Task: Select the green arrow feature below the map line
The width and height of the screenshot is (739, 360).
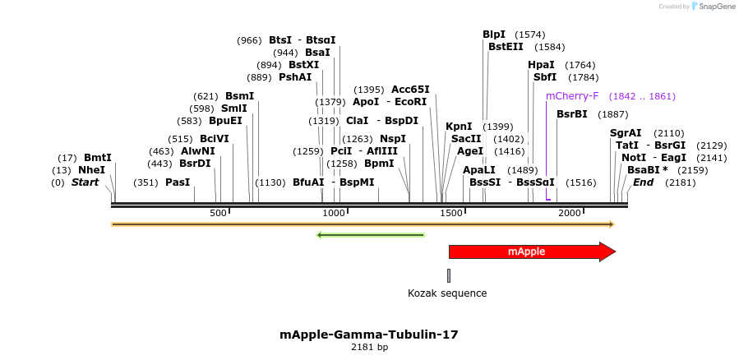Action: pyautogui.click(x=371, y=235)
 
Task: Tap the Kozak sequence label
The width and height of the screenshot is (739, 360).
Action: pyautogui.click(x=447, y=293)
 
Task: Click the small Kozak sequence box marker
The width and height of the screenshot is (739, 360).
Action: pyautogui.click(x=449, y=275)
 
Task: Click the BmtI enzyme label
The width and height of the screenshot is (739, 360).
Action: pyautogui.click(x=98, y=158)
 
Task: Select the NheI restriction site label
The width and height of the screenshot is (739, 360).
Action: pyautogui.click(x=92, y=170)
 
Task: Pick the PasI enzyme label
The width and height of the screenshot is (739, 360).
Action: pyautogui.click(x=178, y=182)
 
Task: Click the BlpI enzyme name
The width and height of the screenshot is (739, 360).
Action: pyautogui.click(x=494, y=35)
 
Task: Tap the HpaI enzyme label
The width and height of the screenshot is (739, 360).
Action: pyautogui.click(x=541, y=65)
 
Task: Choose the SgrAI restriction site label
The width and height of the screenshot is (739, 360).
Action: pyautogui.click(x=626, y=133)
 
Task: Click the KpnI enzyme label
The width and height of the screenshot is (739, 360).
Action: pyautogui.click(x=459, y=127)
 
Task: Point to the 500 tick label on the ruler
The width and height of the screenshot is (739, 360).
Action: pyautogui.click(x=218, y=214)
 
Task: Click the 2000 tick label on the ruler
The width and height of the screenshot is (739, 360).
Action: pyautogui.click(x=570, y=214)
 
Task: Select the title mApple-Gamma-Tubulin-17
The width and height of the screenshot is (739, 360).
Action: pyautogui.click(x=369, y=335)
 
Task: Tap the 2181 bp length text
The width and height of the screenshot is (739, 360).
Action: pyautogui.click(x=369, y=348)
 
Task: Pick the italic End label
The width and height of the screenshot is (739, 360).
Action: pyautogui.click(x=643, y=182)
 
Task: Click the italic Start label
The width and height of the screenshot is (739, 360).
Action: pyautogui.click(x=85, y=182)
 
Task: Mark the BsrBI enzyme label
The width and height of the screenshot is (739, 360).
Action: pyautogui.click(x=572, y=114)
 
